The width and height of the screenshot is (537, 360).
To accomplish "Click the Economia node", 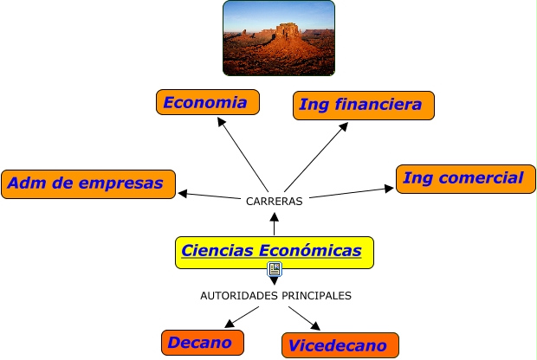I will tap(207, 102).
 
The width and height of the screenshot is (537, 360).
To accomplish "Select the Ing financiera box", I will tap(363, 105).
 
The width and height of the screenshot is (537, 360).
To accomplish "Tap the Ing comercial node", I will tap(465, 178).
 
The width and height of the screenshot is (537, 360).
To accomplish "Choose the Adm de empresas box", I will tap(87, 183).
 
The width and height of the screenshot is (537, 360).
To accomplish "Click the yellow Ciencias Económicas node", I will tap(274, 251).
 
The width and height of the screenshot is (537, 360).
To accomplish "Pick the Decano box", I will tap(201, 343).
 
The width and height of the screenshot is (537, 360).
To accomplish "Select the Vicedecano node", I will tap(340, 345).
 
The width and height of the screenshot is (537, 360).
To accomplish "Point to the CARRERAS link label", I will tap(274, 201).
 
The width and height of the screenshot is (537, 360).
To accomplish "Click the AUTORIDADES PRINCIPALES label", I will tap(275, 295).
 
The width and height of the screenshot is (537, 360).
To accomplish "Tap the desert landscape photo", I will tap(278, 37).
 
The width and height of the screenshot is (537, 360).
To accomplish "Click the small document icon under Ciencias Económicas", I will tap(274, 270).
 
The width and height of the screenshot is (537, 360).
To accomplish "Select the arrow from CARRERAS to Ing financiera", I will tap(316, 155).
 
